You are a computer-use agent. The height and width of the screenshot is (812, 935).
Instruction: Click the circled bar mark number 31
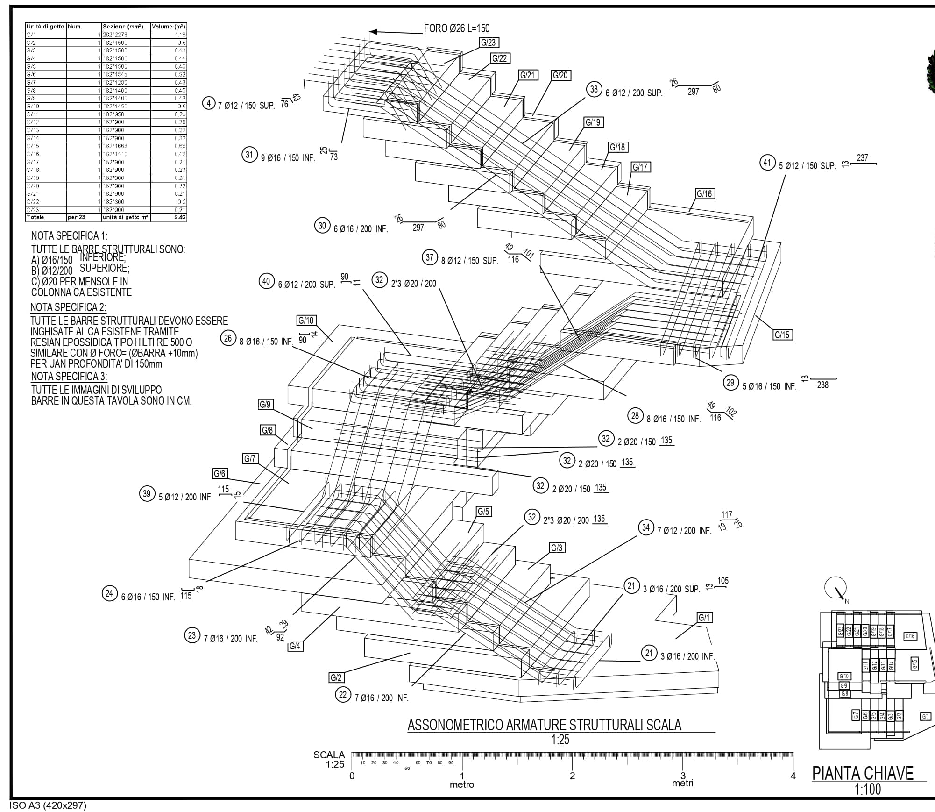click(249, 155)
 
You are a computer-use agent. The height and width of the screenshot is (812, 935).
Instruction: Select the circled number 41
click(767, 163)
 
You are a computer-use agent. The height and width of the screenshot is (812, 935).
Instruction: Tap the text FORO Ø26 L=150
click(456, 28)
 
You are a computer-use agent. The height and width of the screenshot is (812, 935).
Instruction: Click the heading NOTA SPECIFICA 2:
click(68, 307)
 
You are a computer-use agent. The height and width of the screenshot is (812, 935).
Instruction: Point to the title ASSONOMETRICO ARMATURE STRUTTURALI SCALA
click(544, 725)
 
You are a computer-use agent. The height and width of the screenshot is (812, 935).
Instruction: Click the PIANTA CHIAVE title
click(863, 773)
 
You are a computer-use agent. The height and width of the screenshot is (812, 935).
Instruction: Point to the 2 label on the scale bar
click(572, 776)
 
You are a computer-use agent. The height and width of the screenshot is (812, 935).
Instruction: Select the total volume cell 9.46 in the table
click(179, 217)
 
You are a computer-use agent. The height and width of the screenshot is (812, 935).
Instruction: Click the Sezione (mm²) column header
click(123, 27)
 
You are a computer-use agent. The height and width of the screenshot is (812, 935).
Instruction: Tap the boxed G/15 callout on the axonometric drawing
click(782, 335)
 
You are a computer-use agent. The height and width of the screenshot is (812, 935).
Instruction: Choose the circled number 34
click(645, 527)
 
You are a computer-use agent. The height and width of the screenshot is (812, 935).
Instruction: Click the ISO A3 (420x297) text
click(48, 805)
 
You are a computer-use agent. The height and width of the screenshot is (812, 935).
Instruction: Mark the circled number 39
click(147, 494)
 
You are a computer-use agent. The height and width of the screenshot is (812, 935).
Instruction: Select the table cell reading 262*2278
click(115, 35)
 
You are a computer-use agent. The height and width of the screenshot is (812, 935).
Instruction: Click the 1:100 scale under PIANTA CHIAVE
click(867, 789)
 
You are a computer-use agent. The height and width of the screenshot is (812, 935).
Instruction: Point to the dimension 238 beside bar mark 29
click(822, 385)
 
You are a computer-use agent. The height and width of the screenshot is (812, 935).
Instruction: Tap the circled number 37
click(430, 257)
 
